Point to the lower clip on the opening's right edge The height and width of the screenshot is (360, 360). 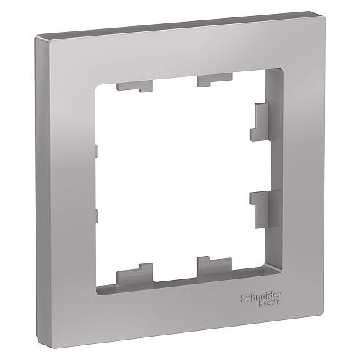click(260, 204)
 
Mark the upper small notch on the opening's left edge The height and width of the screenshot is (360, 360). click(95, 151)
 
